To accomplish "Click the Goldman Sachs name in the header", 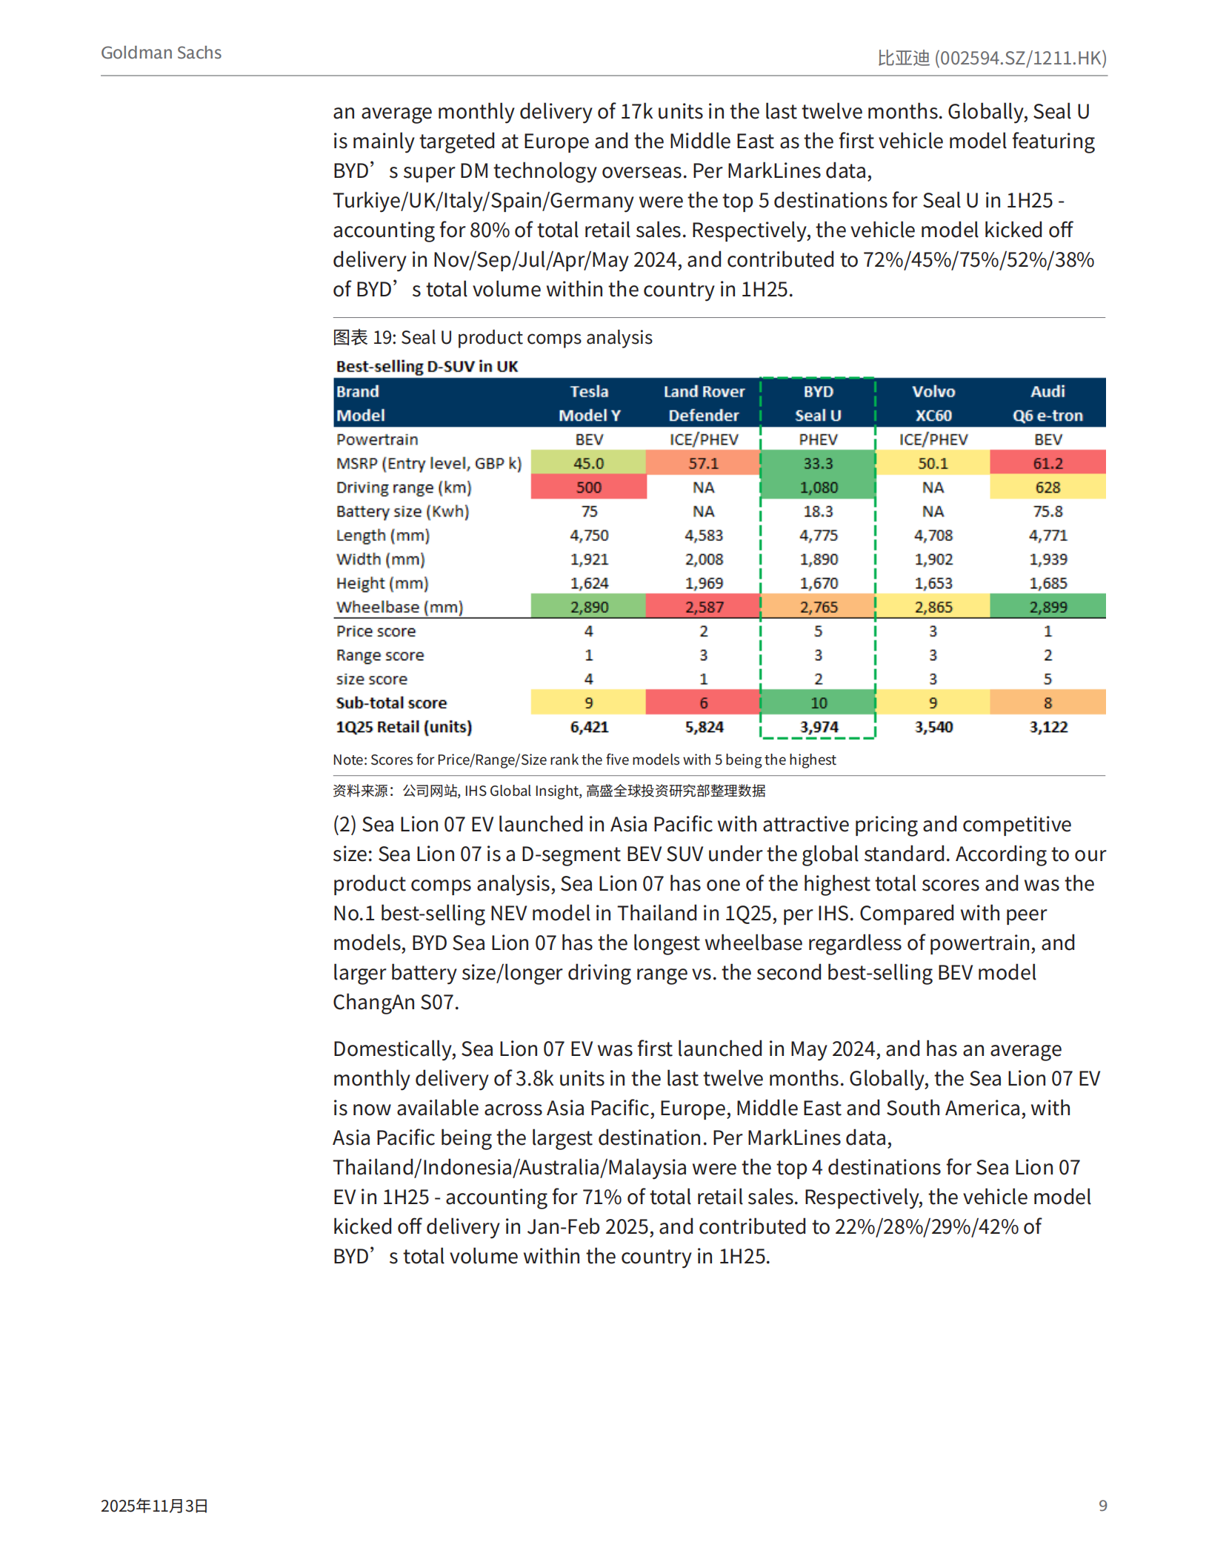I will [x=161, y=53].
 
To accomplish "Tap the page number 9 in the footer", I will [x=1102, y=1505].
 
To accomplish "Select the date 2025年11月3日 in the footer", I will [x=154, y=1505].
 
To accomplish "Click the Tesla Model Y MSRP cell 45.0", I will [x=588, y=463].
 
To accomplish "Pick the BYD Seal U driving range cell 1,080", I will [x=818, y=488].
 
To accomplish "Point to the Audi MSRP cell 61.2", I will [x=1048, y=463].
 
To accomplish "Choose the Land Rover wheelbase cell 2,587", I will [x=703, y=607].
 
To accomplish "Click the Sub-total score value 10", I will [x=818, y=702].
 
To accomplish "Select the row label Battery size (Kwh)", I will [x=402, y=511].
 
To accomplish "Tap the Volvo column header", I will [x=933, y=391].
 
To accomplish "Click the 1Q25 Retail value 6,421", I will [x=588, y=727].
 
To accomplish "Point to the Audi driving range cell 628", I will [x=1048, y=488].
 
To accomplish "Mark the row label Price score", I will [x=376, y=631].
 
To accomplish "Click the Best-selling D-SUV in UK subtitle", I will [x=427, y=366].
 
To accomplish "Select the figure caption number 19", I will [x=383, y=338].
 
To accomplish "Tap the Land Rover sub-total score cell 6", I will [x=703, y=702].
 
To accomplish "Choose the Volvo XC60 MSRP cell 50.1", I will [x=933, y=463].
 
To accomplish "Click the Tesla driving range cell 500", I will [x=588, y=488].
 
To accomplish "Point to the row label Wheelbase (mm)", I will [x=399, y=607].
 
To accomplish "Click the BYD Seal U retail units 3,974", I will [x=818, y=727].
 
